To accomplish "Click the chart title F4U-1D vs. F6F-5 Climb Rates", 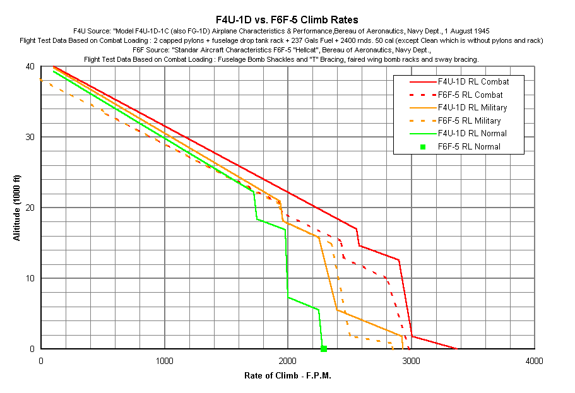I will [x=287, y=20].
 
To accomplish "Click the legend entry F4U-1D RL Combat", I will [x=473, y=82].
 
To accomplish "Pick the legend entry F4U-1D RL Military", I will [x=471, y=108].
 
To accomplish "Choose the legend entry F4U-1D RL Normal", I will [x=472, y=134].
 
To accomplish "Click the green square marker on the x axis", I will [x=324, y=348].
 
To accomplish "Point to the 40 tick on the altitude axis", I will [x=30, y=66].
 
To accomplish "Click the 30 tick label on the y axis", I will [x=30, y=137].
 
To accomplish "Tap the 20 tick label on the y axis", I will [x=30, y=208].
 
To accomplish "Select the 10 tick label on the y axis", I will [x=30, y=278].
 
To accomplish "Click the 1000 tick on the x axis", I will [x=165, y=361].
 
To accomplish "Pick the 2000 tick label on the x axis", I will [x=288, y=361].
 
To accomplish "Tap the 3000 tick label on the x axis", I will [x=412, y=361].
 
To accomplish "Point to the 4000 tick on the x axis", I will [x=534, y=361].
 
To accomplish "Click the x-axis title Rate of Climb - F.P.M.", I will [x=288, y=376].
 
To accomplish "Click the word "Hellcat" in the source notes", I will [x=285, y=49].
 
